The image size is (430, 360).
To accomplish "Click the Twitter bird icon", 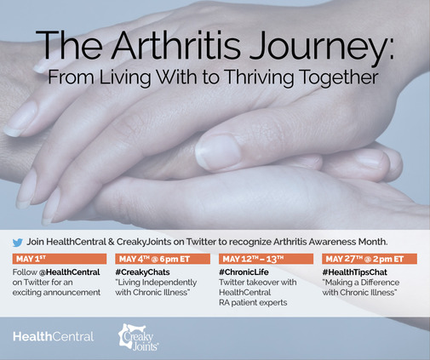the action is tap(18, 243).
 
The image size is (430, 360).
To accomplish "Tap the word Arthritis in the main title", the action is tap(176, 45).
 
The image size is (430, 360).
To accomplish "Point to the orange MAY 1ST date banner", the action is tap(60, 259).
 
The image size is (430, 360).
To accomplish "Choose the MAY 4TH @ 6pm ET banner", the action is tap(163, 259).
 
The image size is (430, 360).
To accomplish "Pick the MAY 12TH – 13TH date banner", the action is tap(266, 259).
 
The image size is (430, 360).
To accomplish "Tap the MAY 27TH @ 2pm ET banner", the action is tap(370, 259).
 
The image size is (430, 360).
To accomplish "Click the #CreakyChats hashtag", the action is tap(142, 272).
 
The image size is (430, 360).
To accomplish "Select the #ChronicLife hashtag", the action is tap(244, 272).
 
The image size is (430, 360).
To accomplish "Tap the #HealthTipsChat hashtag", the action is tap(355, 272).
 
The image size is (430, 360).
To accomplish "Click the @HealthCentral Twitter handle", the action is tap(70, 272).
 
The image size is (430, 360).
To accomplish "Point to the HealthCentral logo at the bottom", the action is tap(53, 337).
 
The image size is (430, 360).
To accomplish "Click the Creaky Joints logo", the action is tap(138, 337).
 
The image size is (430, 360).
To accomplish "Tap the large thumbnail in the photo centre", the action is tap(218, 151).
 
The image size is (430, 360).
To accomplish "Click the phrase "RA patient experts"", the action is tap(253, 303).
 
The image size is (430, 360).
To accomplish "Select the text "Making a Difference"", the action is tap(361, 283).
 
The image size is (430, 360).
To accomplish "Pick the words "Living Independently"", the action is tap(156, 283).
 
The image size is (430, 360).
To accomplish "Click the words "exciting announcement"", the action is tap(56, 293).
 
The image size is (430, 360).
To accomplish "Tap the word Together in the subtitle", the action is tap(339, 77).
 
